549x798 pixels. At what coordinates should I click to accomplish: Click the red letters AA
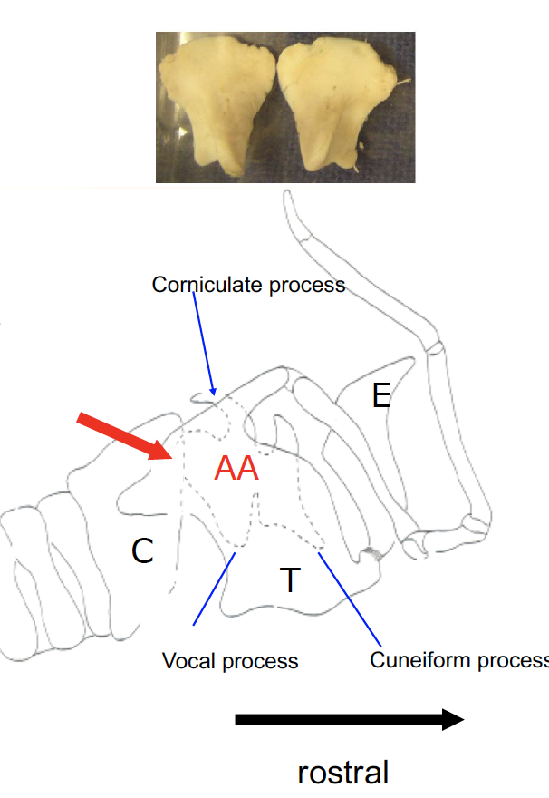(x=236, y=469)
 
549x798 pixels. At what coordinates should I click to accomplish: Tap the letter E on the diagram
(x=381, y=395)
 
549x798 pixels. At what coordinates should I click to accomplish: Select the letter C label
(x=142, y=550)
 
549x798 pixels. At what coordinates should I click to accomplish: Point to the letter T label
(x=289, y=579)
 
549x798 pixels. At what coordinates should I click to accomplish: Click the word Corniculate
(x=209, y=285)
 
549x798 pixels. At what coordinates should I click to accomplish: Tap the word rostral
(x=342, y=772)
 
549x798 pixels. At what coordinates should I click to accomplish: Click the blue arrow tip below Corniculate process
(x=212, y=392)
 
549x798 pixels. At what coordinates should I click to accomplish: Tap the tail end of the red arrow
(x=82, y=418)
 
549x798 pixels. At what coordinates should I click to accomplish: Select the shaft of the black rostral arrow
(x=335, y=719)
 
